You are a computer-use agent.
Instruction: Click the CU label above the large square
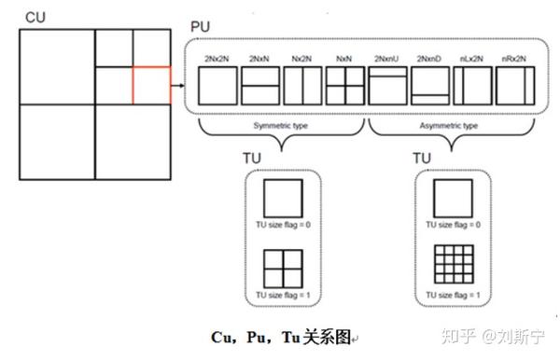pyautogui.click(x=35, y=16)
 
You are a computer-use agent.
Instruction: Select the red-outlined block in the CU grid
pyautogui.click(x=152, y=84)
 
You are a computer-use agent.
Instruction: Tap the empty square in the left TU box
pyautogui.click(x=282, y=200)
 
